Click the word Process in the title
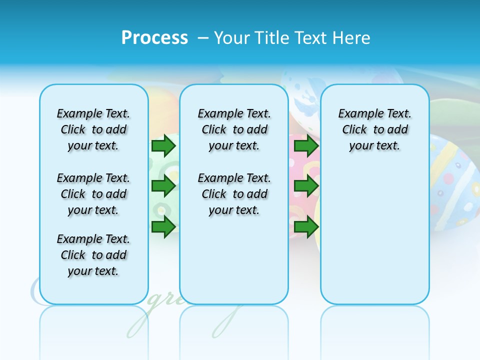[x=154, y=38]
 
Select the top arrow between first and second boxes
[x=163, y=146]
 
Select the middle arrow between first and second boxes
[x=163, y=186]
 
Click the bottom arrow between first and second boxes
[x=163, y=226]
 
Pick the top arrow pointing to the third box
[x=306, y=146]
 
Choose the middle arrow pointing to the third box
[x=306, y=186]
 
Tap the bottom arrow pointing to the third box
[x=306, y=226]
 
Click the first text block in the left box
[x=93, y=129]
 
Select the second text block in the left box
[x=93, y=194]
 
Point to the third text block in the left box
[x=93, y=255]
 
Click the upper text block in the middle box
[x=234, y=129]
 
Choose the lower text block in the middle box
[x=234, y=194]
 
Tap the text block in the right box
[x=374, y=129]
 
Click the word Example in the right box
[x=356, y=113]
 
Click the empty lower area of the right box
[x=374, y=240]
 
